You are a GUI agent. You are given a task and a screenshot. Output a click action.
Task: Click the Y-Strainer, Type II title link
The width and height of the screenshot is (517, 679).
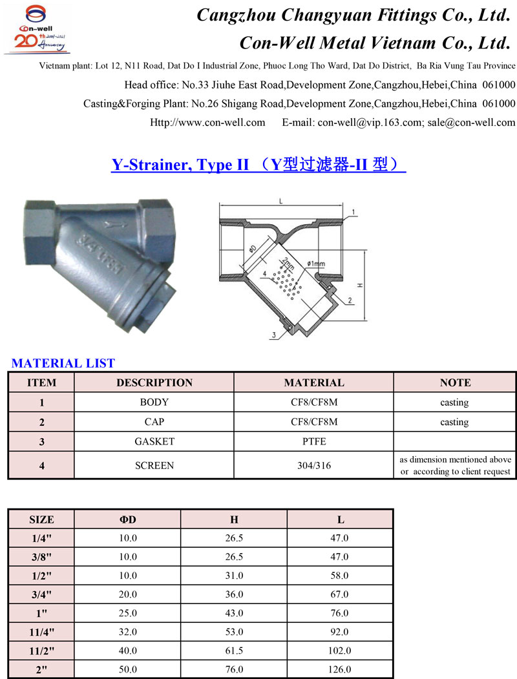tap(258, 165)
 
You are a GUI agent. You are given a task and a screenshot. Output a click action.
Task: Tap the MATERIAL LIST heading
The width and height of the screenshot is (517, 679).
tap(63, 363)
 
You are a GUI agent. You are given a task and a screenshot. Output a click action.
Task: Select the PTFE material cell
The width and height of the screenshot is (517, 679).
tap(314, 442)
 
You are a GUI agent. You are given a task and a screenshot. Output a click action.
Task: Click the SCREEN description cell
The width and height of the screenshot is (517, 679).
tap(154, 465)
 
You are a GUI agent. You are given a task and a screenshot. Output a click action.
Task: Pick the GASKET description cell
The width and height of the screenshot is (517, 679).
tap(154, 442)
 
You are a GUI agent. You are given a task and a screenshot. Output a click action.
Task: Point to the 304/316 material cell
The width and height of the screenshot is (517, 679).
tap(314, 465)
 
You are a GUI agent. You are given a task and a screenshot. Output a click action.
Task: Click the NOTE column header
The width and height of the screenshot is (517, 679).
tap(455, 382)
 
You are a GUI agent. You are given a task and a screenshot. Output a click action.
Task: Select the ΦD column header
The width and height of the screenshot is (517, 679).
tap(128, 519)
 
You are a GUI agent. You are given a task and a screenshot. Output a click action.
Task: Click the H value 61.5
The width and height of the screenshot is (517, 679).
tap(234, 650)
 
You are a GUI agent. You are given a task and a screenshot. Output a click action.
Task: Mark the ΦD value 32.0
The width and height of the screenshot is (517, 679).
tap(128, 631)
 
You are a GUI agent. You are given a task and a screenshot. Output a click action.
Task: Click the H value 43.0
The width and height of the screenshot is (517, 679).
tap(234, 612)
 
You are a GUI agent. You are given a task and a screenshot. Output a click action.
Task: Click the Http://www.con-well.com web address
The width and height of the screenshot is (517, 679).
tap(207, 122)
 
